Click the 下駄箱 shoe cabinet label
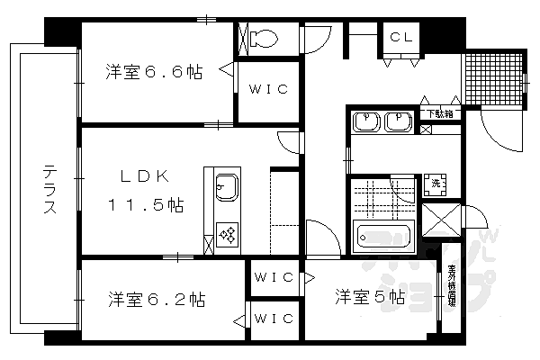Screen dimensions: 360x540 (440, 113)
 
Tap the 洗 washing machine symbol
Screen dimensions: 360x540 (436, 183)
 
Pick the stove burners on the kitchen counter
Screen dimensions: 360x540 (227, 236)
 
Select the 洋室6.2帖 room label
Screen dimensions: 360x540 (157, 298)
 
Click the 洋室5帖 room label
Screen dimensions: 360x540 (370, 295)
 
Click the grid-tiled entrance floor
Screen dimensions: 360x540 (493, 80)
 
